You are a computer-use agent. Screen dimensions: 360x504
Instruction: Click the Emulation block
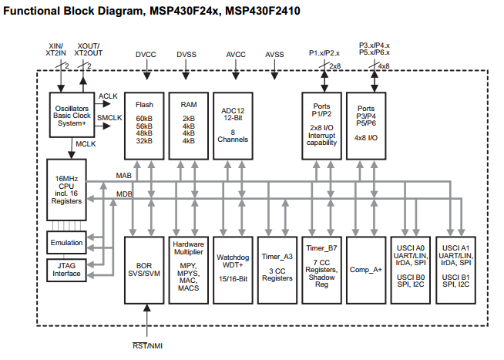pyautogui.click(x=66, y=242)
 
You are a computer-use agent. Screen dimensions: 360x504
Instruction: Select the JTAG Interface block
pyautogui.click(x=66, y=269)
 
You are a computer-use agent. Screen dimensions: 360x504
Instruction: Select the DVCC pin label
pyautogui.click(x=146, y=55)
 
